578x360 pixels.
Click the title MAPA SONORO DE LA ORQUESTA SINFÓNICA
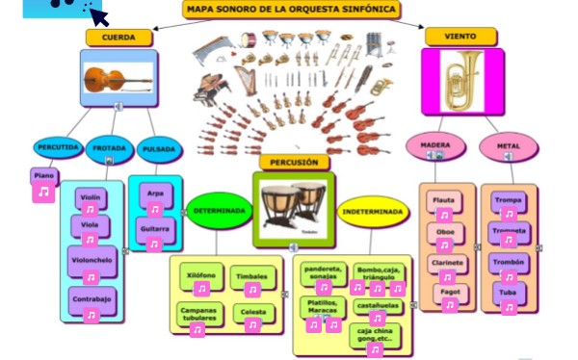291,11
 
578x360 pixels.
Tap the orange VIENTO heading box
460,37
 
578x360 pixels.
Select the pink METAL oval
508,146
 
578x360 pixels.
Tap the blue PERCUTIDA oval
57,148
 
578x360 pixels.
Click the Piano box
43,176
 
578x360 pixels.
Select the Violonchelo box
92,260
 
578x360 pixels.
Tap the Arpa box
154,193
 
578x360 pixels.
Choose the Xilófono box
200,274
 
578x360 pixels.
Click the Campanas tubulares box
197,313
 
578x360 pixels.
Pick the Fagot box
449,290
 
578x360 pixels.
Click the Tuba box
509,292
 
